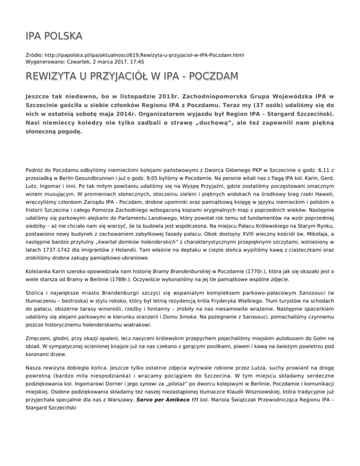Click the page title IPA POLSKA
[x=53, y=36]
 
